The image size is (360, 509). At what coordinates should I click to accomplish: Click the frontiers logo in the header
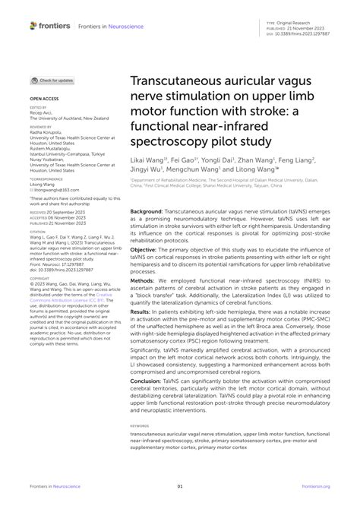[49, 27]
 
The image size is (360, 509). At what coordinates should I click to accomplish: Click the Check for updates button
[53, 80]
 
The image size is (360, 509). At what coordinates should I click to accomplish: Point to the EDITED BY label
[39, 108]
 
